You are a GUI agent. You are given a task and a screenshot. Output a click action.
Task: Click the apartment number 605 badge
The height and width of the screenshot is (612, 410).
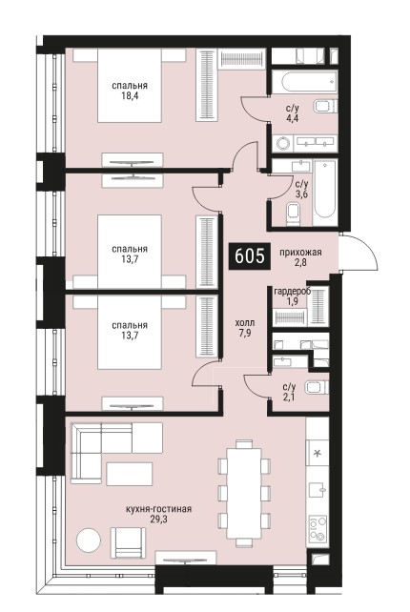pyautogui.click(x=250, y=256)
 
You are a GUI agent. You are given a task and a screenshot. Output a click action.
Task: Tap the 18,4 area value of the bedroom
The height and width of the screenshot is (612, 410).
pyautogui.click(x=130, y=96)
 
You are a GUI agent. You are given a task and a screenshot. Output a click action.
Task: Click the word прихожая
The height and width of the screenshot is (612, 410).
pyautogui.click(x=300, y=253)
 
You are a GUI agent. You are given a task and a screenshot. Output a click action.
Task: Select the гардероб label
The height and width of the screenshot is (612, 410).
pyautogui.click(x=293, y=292)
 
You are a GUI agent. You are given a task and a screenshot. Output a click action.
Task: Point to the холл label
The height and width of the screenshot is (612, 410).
pyautogui.click(x=245, y=323)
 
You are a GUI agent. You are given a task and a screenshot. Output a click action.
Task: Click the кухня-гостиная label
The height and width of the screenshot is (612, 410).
pyautogui.click(x=158, y=509)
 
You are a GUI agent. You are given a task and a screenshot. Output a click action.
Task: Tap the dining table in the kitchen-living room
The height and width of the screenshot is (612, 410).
pyautogui.click(x=244, y=493)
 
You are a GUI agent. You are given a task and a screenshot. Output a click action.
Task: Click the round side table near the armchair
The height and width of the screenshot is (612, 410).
pyautogui.click(x=89, y=540)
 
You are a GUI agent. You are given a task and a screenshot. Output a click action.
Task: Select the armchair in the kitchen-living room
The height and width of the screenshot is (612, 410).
pyautogui.click(x=128, y=542)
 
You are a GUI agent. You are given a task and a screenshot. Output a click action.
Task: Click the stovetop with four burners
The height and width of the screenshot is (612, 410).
pyautogui.click(x=318, y=529)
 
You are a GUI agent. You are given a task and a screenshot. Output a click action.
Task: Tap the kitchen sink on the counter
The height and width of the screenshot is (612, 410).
pyautogui.click(x=318, y=489)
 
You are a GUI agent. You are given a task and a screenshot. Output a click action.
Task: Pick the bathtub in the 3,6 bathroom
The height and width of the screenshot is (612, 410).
pyautogui.click(x=325, y=190)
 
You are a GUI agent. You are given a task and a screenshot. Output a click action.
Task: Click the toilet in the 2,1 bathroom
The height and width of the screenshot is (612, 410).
pyautogui.click(x=318, y=387)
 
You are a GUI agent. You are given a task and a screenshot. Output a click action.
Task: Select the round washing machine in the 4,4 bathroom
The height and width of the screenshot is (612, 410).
pyautogui.click(x=284, y=143)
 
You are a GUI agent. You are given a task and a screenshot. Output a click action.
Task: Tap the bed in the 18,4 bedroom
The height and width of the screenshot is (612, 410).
pyautogui.click(x=130, y=85)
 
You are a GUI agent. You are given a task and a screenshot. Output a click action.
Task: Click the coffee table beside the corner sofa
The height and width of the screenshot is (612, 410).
pyautogui.click(x=130, y=474)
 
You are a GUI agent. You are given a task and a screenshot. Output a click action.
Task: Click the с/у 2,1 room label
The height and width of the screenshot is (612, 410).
pyautogui.click(x=289, y=392)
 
